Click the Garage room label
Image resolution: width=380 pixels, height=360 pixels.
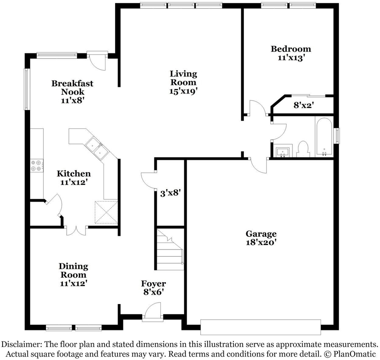(261, 234)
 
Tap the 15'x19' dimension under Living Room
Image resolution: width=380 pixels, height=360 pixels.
(183, 91)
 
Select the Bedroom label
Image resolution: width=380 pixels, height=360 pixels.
(291, 49)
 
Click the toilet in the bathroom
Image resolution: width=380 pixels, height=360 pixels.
(303, 149)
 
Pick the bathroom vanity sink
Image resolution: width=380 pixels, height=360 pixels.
(283, 152)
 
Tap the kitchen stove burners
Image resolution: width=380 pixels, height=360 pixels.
(36, 166)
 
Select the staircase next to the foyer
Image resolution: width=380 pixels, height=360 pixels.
(170, 250)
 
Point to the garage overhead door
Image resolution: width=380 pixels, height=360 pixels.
(261, 327)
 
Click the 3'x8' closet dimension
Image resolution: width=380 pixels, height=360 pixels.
(171, 193)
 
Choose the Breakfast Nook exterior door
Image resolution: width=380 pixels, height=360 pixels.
(97, 60)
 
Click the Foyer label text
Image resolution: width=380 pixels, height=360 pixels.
(153, 284)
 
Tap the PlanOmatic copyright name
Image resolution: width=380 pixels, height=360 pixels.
(354, 354)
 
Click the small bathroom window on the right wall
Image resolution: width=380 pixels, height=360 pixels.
(337, 136)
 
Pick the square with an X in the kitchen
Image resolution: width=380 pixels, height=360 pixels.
(106, 212)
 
